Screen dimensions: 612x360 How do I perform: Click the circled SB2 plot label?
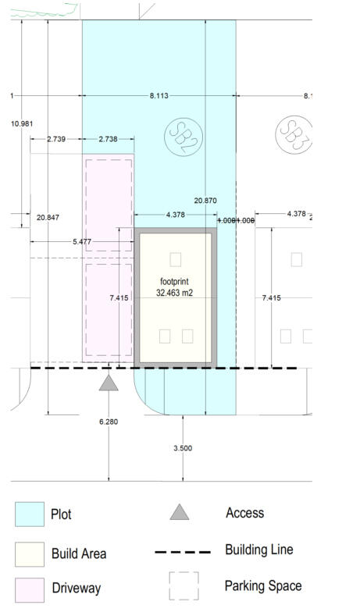point(184,137)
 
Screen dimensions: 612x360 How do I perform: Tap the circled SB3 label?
point(293,134)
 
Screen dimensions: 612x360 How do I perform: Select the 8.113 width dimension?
point(159,96)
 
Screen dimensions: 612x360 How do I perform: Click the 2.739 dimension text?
point(56,139)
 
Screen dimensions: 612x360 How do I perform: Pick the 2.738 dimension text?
point(108,139)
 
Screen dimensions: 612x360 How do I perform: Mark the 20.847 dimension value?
point(48,217)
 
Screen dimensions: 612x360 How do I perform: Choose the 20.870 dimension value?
point(205,201)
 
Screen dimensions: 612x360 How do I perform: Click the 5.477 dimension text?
point(82,242)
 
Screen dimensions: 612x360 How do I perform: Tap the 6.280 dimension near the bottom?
point(109,422)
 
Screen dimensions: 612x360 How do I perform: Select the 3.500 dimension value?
point(182,448)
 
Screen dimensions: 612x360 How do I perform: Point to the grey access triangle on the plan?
point(109,382)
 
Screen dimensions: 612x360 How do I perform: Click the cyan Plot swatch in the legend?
point(30,514)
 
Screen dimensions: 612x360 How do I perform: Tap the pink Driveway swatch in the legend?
point(30,589)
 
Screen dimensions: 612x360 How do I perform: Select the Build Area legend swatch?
point(30,553)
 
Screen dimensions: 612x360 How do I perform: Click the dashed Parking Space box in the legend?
point(184,585)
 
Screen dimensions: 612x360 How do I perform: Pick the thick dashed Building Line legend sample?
point(184,552)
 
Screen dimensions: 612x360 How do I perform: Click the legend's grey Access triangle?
point(180,512)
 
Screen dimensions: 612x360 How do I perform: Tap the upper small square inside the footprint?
point(176,258)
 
